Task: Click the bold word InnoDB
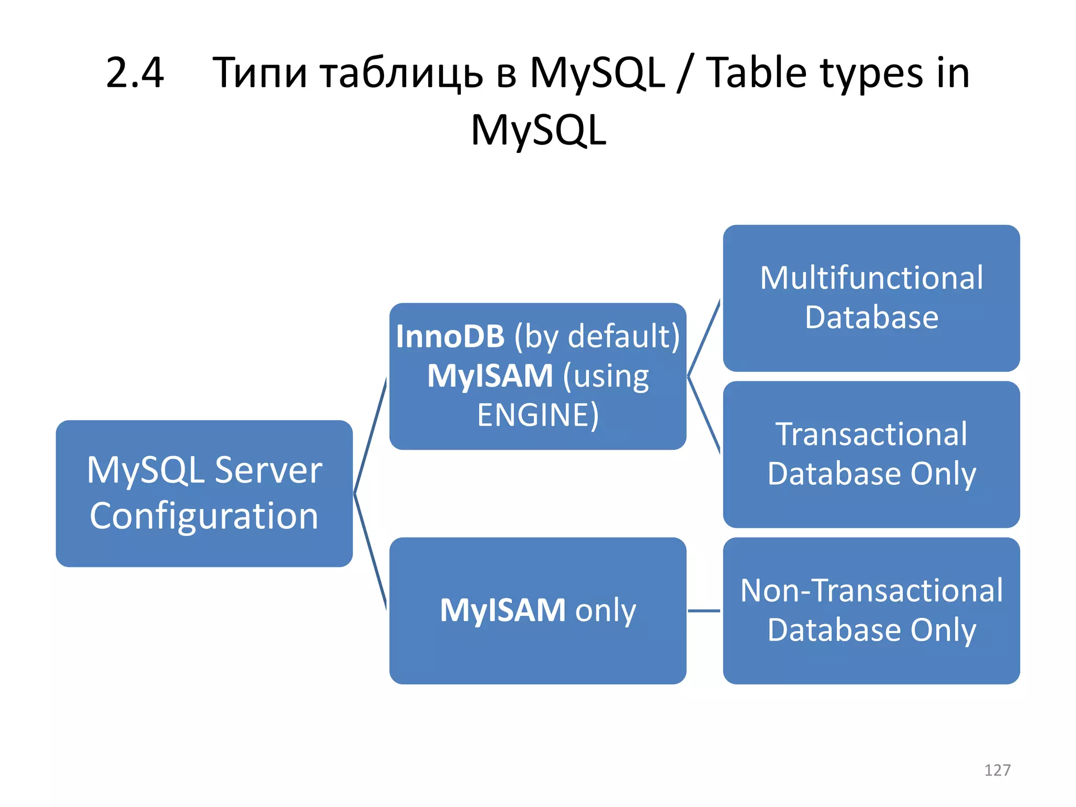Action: (450, 336)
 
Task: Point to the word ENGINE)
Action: (537, 415)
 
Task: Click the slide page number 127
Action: (997, 770)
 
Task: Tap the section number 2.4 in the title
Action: (135, 73)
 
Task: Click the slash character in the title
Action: (685, 74)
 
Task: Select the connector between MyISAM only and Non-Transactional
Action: (704, 611)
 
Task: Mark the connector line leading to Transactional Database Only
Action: (704, 415)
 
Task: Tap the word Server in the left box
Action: (268, 470)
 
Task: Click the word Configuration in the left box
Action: (204, 516)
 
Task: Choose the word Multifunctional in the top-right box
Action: (871, 278)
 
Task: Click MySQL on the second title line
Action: (539, 130)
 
